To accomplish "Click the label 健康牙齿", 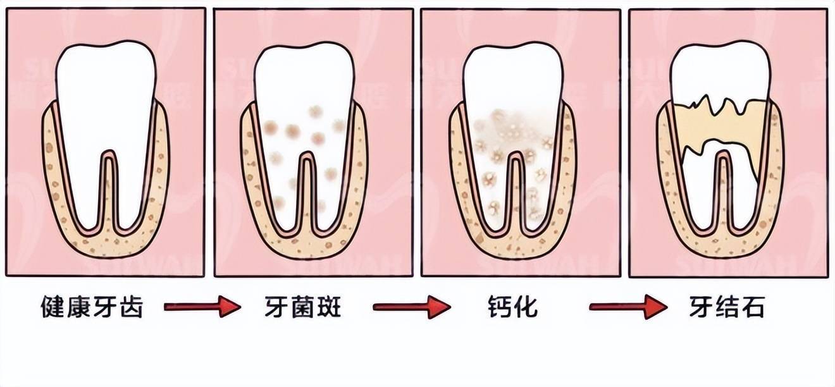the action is coord(92,307).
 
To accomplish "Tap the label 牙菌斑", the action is coord(303,307).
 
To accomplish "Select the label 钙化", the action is coord(513,307).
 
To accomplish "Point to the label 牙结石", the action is coord(727,307).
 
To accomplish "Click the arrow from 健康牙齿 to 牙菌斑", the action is coord(202,307).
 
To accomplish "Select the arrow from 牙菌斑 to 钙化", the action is coord(412,307).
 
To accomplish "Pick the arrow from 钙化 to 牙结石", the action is coord(628,307).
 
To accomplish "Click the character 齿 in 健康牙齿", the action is coord(131,307).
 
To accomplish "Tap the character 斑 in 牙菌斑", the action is coord(329,307).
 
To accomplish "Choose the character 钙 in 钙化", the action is coord(500,307).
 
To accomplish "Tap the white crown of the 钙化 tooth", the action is coord(513,75).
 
